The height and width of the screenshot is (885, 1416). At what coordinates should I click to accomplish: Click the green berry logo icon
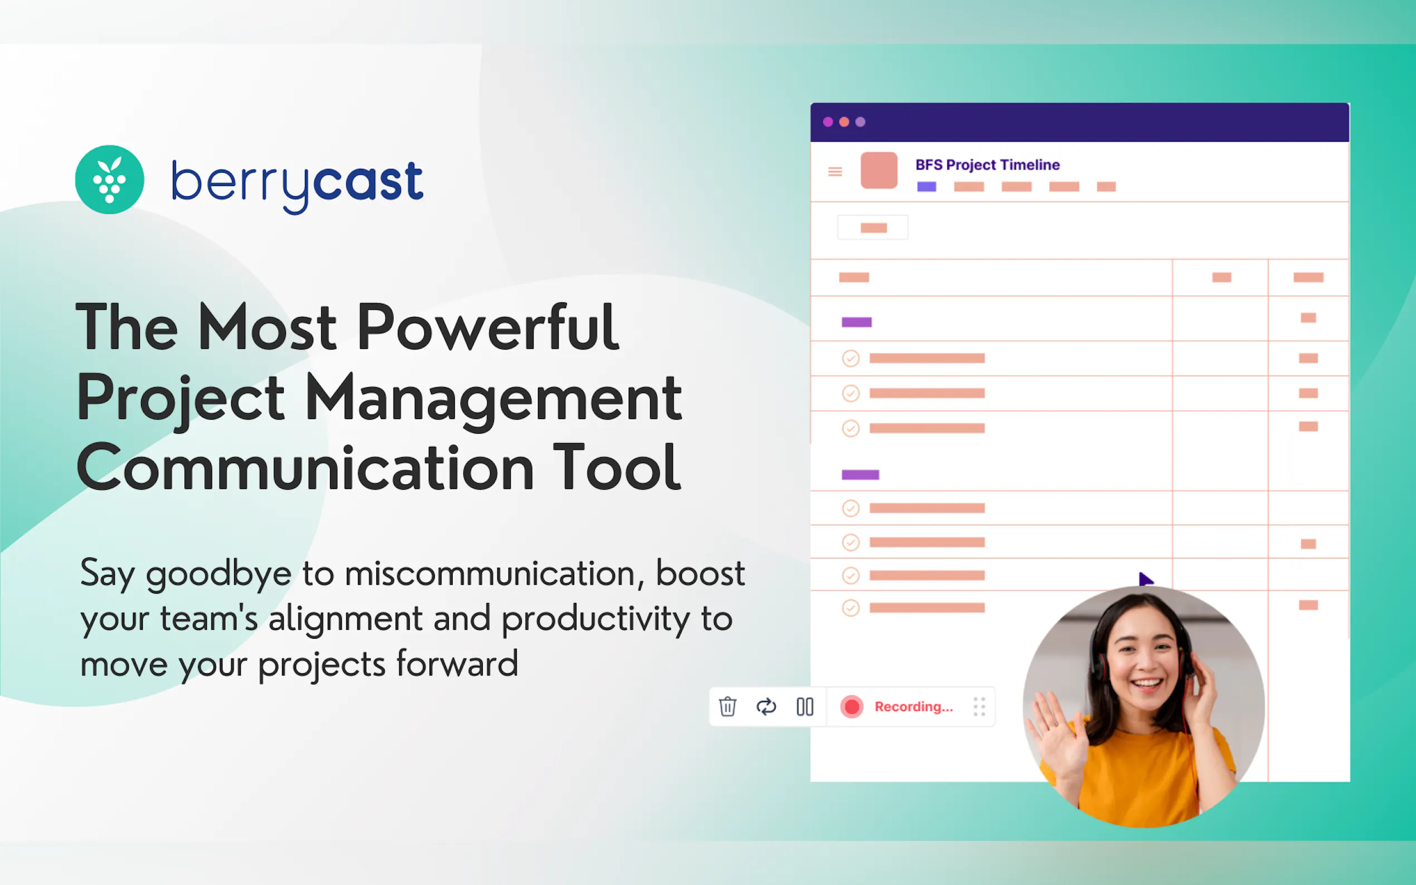[x=109, y=179]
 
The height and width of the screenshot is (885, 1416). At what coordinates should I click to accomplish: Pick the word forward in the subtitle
[x=457, y=664]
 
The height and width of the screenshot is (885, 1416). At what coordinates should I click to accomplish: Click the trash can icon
[x=728, y=707]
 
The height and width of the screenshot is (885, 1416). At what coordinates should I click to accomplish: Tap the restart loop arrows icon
[x=766, y=707]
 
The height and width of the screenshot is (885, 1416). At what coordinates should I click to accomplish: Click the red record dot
[x=852, y=707]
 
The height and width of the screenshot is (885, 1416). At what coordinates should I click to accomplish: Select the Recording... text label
[x=914, y=707]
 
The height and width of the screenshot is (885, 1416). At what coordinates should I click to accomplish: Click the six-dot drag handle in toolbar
[x=979, y=707]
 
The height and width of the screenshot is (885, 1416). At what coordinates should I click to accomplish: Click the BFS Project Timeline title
[x=987, y=164]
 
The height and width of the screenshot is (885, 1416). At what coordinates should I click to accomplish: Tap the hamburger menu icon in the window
[x=835, y=172]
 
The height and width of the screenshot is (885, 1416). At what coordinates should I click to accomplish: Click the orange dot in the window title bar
[x=844, y=121]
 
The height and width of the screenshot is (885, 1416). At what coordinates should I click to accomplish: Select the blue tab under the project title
[x=927, y=187]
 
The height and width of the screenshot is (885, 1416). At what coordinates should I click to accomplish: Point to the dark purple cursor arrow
[x=1146, y=580]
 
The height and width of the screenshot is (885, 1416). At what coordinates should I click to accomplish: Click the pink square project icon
[x=879, y=171]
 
